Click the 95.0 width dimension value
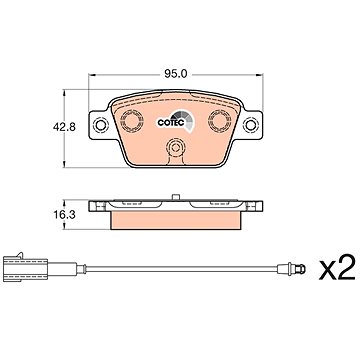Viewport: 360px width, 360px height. coord(175,74)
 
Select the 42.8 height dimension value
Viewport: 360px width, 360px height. coord(64,127)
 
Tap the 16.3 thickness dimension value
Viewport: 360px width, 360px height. coord(64,215)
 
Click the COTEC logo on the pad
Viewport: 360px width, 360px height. coord(175,122)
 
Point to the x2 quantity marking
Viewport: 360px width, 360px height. coord(337,269)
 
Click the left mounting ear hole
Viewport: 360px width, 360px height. coord(100,125)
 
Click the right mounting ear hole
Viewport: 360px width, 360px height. coord(251,125)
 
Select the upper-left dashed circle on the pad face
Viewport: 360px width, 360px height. coord(132,120)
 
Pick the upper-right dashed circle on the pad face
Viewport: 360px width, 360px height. coord(220,120)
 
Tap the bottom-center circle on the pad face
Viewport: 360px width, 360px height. coord(175,147)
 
